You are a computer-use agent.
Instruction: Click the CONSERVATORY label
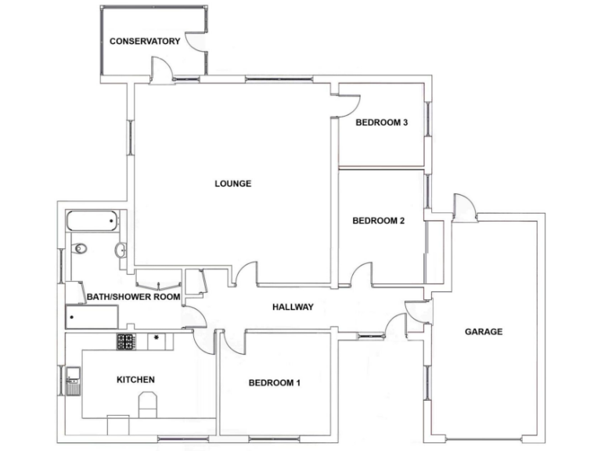(x=145, y=41)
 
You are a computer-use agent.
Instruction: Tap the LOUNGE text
(x=232, y=184)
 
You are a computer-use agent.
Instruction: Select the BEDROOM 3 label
(x=382, y=122)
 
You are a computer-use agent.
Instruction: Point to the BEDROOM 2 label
(x=378, y=221)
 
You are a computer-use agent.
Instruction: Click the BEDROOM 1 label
(x=275, y=383)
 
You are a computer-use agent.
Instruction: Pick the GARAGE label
(x=484, y=331)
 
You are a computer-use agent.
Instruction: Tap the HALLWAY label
(x=293, y=307)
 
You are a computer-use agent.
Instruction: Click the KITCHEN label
(x=135, y=380)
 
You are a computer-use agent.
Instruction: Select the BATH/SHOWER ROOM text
(x=134, y=297)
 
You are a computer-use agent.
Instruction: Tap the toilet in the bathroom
(x=79, y=249)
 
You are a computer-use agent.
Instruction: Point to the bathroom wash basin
(x=121, y=251)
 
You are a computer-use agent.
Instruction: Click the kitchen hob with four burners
(x=126, y=341)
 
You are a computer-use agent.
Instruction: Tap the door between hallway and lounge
(x=247, y=274)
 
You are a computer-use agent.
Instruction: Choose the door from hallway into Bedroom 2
(x=362, y=276)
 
